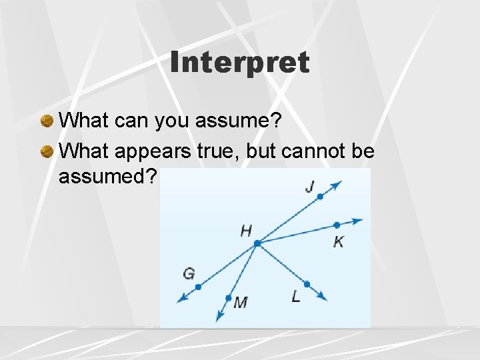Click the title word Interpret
point(239,63)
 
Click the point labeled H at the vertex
point(257,243)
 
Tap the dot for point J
point(320,197)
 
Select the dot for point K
point(337,225)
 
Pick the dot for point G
point(198,287)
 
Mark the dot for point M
point(229,298)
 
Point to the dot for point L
point(307,283)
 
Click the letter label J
point(309,187)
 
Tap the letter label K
point(339,241)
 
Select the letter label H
point(246,231)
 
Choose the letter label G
point(189,273)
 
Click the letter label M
point(241,303)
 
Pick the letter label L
point(296,297)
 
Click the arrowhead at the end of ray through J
point(338,184)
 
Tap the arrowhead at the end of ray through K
point(359,220)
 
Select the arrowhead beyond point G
point(181,299)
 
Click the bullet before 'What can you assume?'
point(47,121)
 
